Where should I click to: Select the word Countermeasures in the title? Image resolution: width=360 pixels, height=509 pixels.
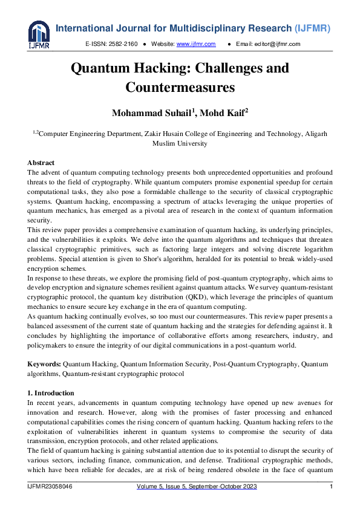(180, 87)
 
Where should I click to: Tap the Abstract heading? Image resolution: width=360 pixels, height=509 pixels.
(41, 163)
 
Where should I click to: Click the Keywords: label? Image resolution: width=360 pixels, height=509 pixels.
(44, 364)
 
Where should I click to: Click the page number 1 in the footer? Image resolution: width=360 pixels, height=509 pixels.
(331, 487)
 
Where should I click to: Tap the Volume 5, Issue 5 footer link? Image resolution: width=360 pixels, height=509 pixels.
(180, 487)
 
